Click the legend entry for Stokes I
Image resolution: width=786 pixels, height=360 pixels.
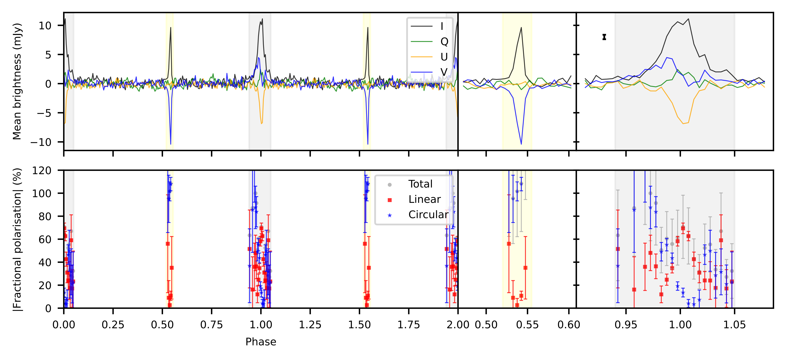(427, 26)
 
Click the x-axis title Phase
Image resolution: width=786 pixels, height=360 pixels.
(261, 342)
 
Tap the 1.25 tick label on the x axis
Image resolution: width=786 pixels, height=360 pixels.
(310, 325)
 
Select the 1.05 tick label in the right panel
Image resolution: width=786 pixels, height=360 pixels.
(734, 325)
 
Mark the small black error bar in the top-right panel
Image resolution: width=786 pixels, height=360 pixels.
(604, 37)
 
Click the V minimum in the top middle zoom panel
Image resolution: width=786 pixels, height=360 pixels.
(521, 144)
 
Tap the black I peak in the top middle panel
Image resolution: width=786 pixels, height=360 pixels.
(521, 28)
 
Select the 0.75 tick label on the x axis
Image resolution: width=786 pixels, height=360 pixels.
(211, 325)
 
